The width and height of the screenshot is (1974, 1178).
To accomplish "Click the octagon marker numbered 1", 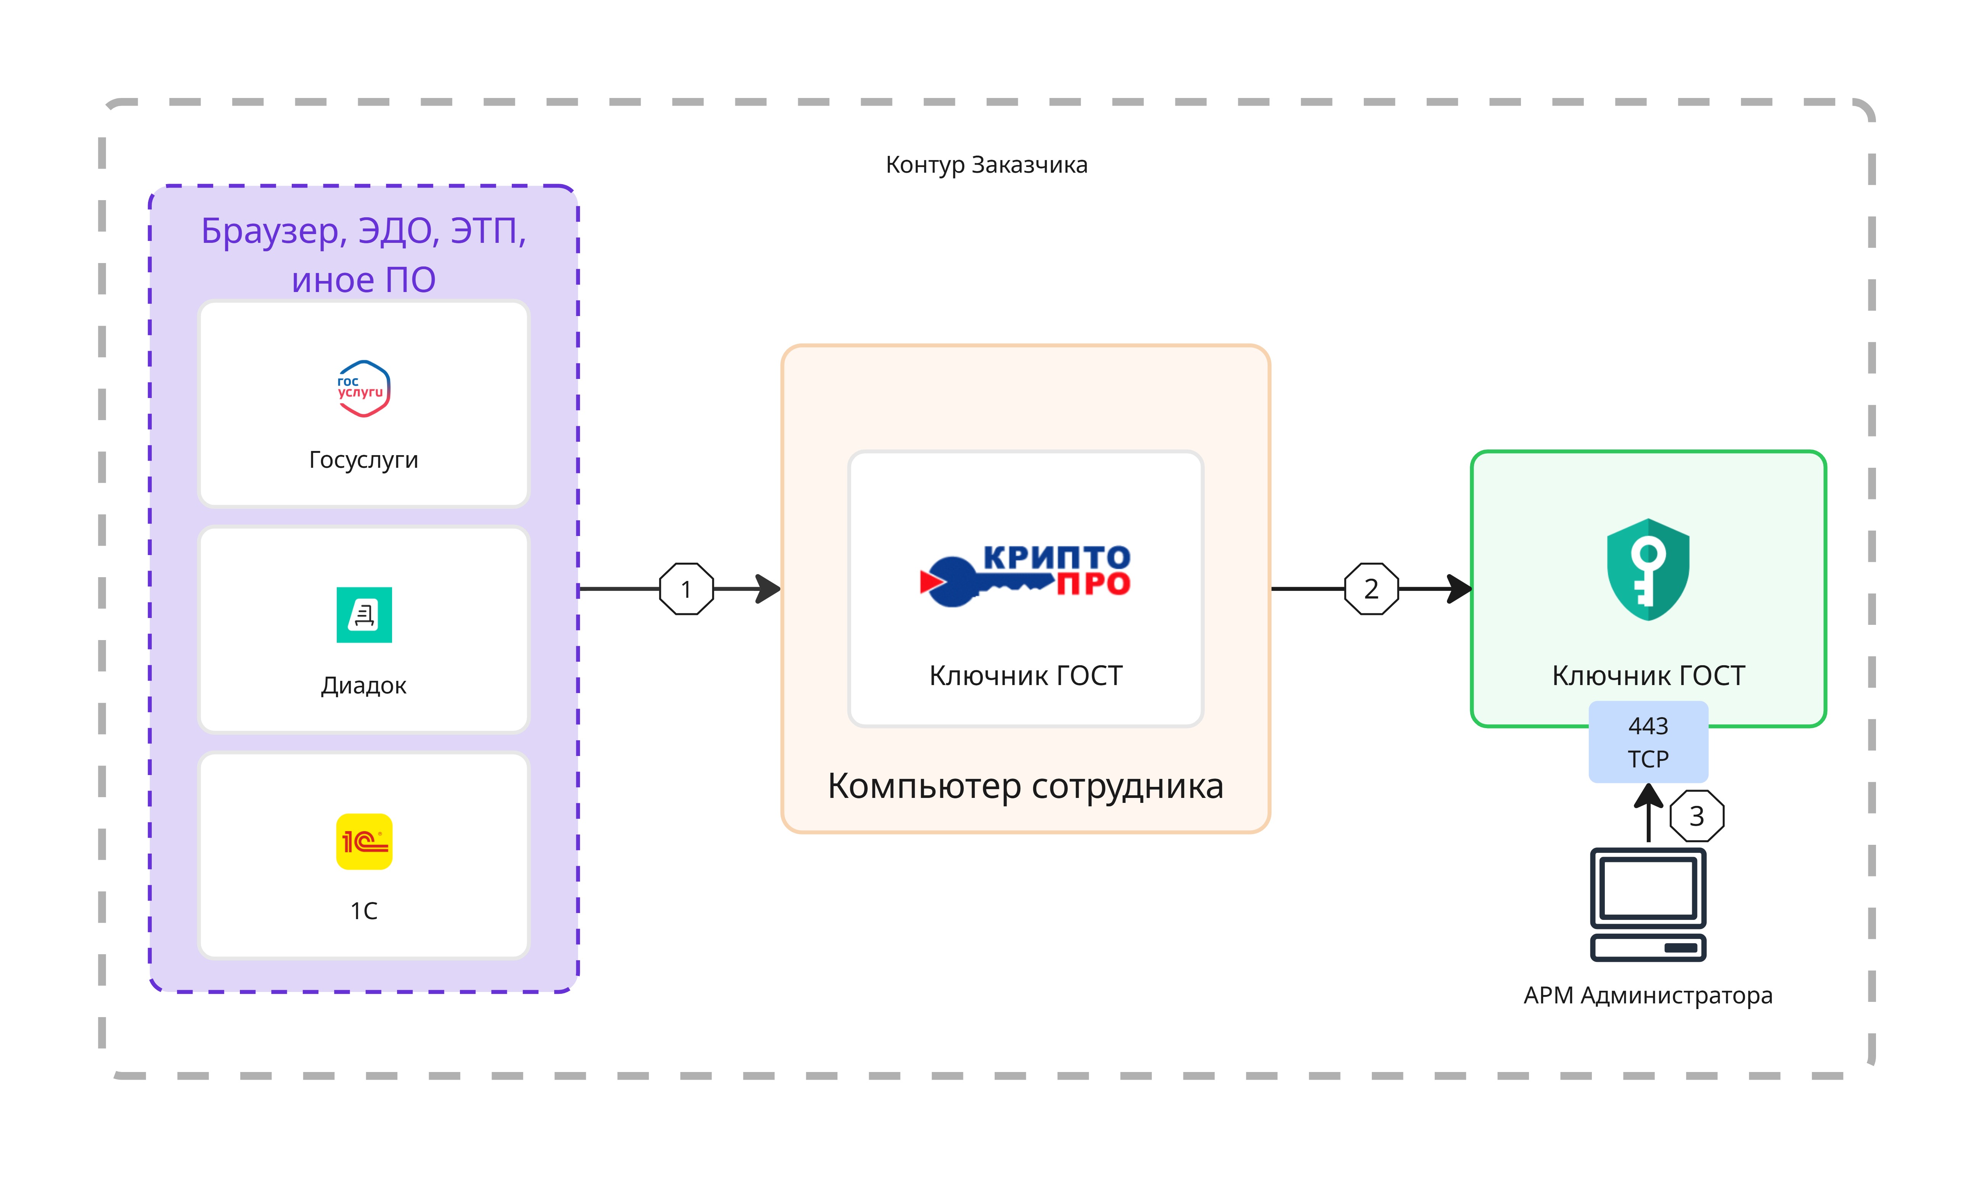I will pos(686,589).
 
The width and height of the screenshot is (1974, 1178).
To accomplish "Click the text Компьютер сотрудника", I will pos(1025,786).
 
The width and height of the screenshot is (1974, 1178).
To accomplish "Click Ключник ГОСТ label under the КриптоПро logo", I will pos(1025,676).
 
